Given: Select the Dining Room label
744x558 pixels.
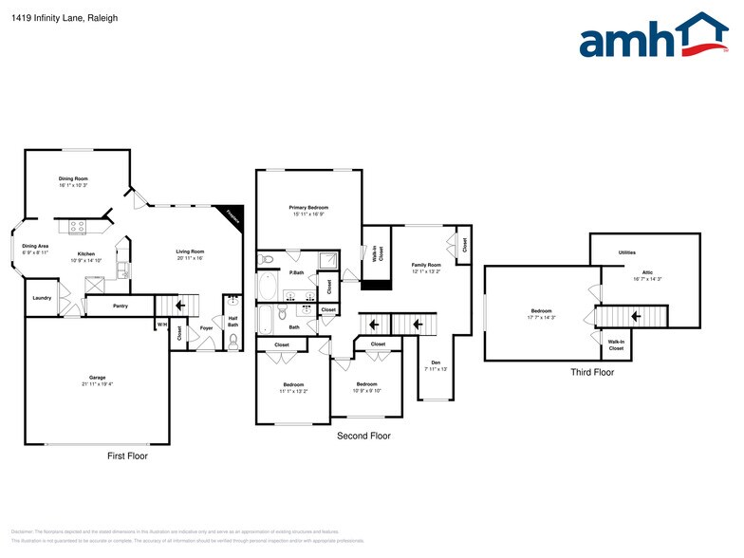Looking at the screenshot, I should [x=73, y=178].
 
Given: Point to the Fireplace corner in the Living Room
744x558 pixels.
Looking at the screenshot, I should [x=232, y=215].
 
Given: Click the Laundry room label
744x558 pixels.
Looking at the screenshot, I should [x=42, y=298].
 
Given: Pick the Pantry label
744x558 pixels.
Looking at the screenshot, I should [x=121, y=306].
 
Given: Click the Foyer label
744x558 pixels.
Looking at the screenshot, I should [x=206, y=329].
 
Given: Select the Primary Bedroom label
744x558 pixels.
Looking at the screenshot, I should [x=309, y=207].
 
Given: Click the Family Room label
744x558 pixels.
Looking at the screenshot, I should [x=426, y=265].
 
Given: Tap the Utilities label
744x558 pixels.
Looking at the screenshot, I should [x=627, y=252].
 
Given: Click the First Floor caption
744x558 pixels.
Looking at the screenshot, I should [x=127, y=456].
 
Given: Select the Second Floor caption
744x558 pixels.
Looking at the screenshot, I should [x=363, y=437].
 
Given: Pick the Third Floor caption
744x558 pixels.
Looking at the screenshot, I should [x=592, y=372].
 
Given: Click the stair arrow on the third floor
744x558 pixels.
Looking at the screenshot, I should [x=637, y=317].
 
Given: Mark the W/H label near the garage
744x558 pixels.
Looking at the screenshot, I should [x=160, y=325].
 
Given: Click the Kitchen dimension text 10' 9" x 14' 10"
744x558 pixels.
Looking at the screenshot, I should [x=86, y=259].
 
